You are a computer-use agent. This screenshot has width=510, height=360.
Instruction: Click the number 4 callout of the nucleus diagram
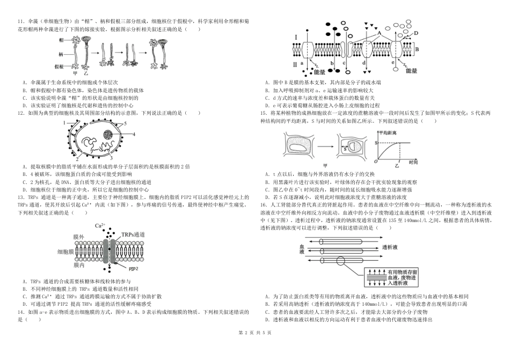(x=134, y=133)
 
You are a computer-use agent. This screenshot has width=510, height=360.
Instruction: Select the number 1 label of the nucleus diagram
(x=63, y=123)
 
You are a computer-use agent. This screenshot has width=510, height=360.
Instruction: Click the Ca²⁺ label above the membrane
(x=100, y=225)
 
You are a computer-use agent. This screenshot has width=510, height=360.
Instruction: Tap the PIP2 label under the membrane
(x=134, y=267)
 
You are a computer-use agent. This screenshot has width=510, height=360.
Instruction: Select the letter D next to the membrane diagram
(x=417, y=33)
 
